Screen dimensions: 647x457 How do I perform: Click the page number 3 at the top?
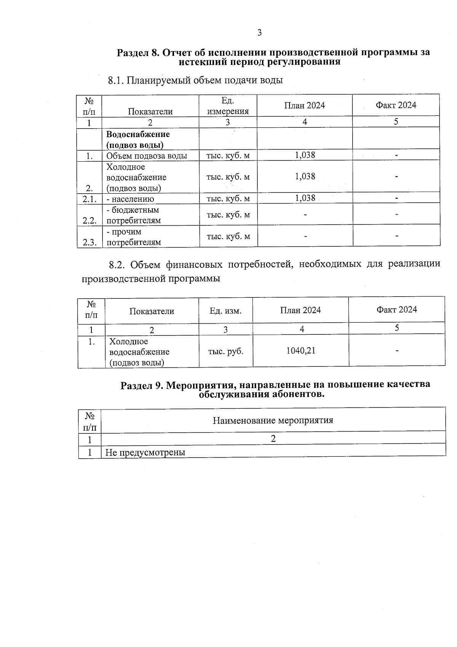pos(259,33)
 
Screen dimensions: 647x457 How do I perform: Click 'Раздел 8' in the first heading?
pos(137,53)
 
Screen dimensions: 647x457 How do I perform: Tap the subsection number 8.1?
pos(116,80)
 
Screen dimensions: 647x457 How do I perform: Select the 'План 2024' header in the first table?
pos(304,106)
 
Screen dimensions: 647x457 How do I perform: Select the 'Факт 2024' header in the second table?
pos(396,310)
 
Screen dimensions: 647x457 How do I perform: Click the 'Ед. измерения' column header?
pos(227,106)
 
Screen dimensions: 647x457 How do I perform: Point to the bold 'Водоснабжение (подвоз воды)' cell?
pos(137,140)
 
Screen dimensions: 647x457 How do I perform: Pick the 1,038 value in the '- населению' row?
pos(305,198)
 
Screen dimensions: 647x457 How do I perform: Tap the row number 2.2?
pos(89,220)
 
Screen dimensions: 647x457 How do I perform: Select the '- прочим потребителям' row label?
pos(133,237)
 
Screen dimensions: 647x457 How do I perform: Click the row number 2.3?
pos(89,242)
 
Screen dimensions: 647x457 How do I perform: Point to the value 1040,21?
pos(300,351)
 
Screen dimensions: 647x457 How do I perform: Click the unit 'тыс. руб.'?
pos(225,351)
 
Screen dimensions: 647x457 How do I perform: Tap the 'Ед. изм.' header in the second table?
pos(225,311)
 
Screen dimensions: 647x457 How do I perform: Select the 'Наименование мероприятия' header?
pos(273,421)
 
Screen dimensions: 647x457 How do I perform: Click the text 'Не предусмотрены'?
pos(145,453)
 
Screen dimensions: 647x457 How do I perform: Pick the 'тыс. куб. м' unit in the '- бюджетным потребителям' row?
pos(228,215)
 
